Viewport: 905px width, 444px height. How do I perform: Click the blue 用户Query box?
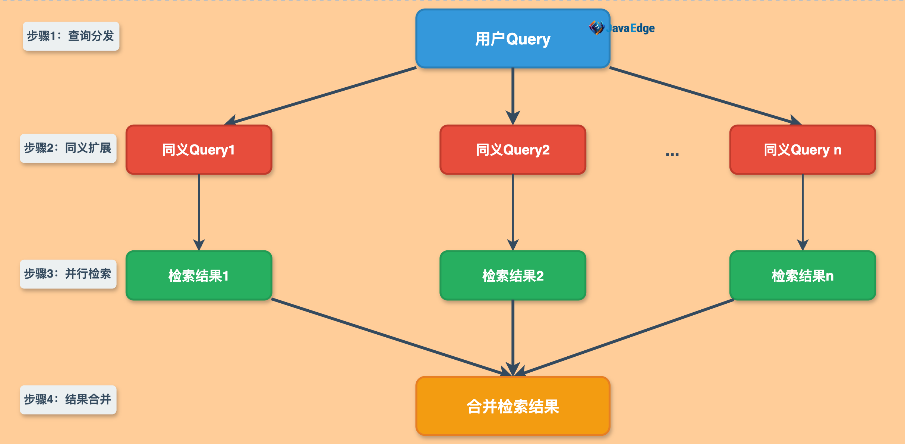click(x=513, y=39)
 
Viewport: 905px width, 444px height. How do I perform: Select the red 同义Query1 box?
click(x=199, y=150)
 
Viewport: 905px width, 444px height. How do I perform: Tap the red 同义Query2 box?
click(x=513, y=150)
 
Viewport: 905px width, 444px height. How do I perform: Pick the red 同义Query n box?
click(x=802, y=150)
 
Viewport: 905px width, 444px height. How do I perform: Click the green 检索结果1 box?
click(x=199, y=276)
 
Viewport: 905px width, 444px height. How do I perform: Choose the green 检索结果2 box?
click(x=513, y=276)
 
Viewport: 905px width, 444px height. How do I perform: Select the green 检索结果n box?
click(x=802, y=276)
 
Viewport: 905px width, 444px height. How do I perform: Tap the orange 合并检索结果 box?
click(x=513, y=406)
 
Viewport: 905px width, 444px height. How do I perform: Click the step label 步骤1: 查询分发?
click(x=71, y=36)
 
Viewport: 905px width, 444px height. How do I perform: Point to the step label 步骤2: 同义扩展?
click(x=68, y=148)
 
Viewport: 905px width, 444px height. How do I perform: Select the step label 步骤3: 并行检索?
click(x=68, y=274)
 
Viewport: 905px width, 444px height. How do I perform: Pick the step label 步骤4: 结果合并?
click(x=68, y=400)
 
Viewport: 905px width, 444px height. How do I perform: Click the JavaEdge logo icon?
click(x=596, y=28)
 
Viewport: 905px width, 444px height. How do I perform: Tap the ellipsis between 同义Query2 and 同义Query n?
click(x=672, y=154)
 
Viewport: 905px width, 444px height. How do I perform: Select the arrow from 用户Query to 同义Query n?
click(x=704, y=96)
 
